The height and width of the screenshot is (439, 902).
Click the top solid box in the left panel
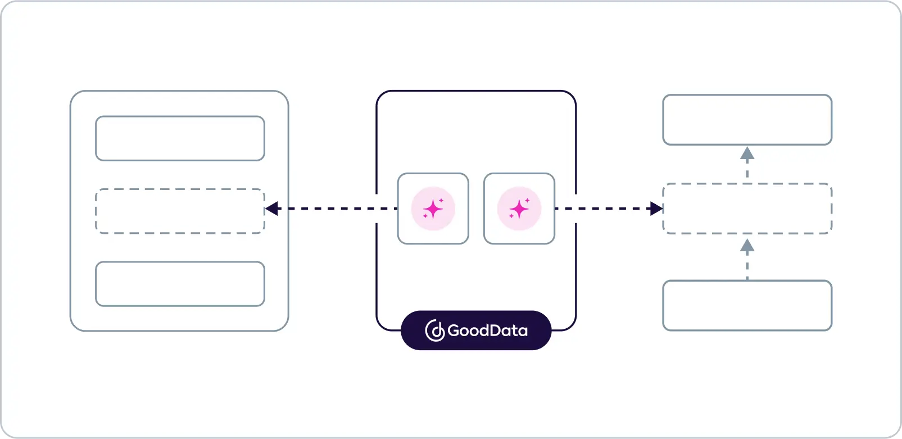180,138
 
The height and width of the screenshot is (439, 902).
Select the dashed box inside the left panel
180,211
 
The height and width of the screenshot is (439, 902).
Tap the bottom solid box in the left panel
180,284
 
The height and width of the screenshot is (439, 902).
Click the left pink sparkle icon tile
433,209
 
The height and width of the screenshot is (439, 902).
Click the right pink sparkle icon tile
519,209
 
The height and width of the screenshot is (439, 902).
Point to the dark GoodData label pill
476,330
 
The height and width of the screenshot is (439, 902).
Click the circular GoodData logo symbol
435,331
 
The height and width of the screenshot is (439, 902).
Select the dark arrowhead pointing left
272,209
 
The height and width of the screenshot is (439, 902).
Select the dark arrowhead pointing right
656,209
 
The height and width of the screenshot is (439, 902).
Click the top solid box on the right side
747,120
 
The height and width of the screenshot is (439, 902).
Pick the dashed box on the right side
747,209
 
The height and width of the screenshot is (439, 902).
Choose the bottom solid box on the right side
747,305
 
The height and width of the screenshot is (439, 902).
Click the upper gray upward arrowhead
747,153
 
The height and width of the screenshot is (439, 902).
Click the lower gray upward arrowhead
747,245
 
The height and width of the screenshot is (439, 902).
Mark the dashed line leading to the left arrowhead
332,209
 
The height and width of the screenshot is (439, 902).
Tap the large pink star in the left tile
433,209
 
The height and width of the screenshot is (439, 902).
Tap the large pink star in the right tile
519,209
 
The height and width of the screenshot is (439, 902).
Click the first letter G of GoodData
454,331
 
